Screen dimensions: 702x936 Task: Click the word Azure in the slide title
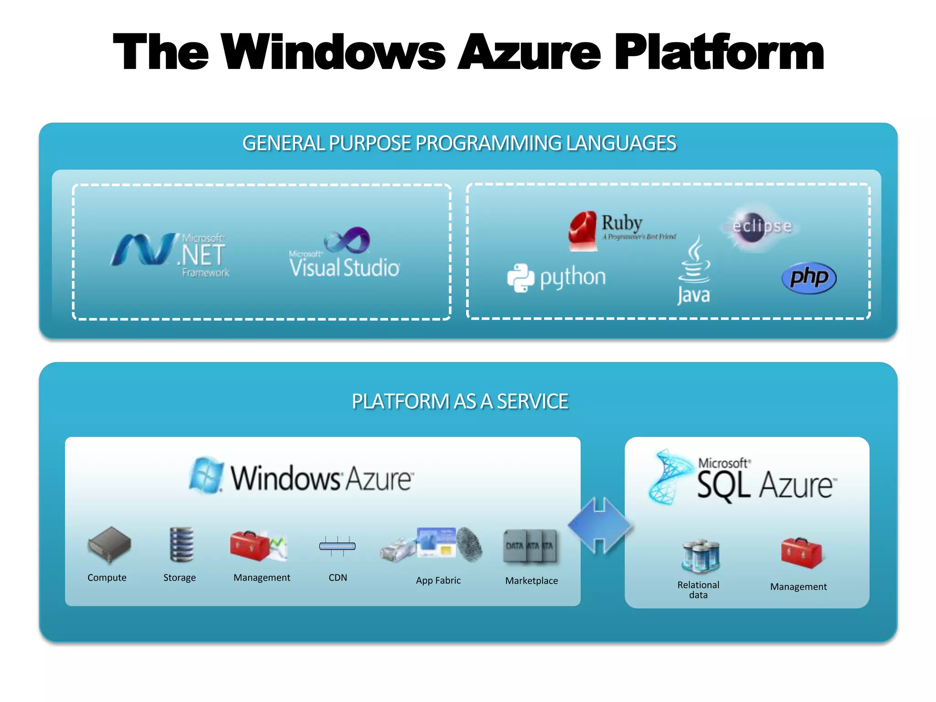pyautogui.click(x=529, y=53)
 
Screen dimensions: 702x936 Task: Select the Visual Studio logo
pyautogui.click(x=345, y=254)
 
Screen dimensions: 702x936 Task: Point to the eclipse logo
pyautogui.click(x=760, y=227)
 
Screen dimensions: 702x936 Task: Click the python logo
pyautogui.click(x=557, y=277)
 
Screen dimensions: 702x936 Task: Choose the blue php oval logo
pyautogui.click(x=808, y=277)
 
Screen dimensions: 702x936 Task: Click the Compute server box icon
pyautogui.click(x=109, y=544)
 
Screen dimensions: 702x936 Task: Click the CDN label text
pyautogui.click(x=338, y=578)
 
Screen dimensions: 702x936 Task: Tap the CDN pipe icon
pyautogui.click(x=337, y=546)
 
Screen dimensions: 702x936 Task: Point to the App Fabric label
pyautogui.click(x=438, y=580)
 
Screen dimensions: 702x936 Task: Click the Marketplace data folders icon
pyautogui.click(x=530, y=546)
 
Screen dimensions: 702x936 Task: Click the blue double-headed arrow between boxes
pyautogui.click(x=600, y=526)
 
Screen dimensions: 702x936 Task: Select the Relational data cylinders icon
pyautogui.click(x=700, y=556)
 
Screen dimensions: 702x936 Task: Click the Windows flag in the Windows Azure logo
pyautogui.click(x=207, y=475)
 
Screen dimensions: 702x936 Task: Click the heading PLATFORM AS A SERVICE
pyautogui.click(x=459, y=402)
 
